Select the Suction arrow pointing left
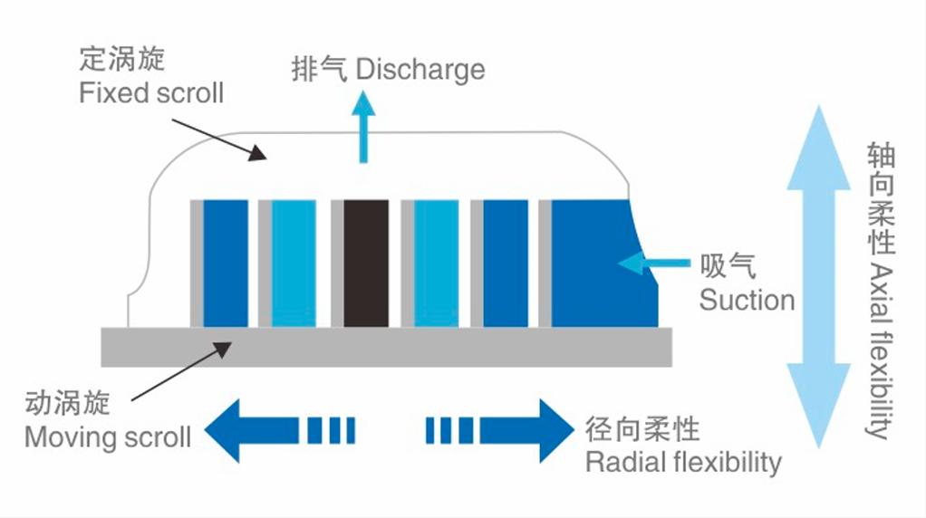(x=652, y=263)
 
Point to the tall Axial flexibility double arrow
(x=818, y=276)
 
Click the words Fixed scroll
(x=151, y=92)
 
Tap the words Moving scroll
(x=107, y=437)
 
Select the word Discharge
(x=420, y=70)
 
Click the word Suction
(x=747, y=300)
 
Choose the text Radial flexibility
(x=683, y=462)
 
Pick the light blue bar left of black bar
(x=294, y=263)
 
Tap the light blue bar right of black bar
(x=436, y=263)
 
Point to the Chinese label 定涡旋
(x=122, y=61)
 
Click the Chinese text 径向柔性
(x=641, y=428)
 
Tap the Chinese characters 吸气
(x=728, y=266)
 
